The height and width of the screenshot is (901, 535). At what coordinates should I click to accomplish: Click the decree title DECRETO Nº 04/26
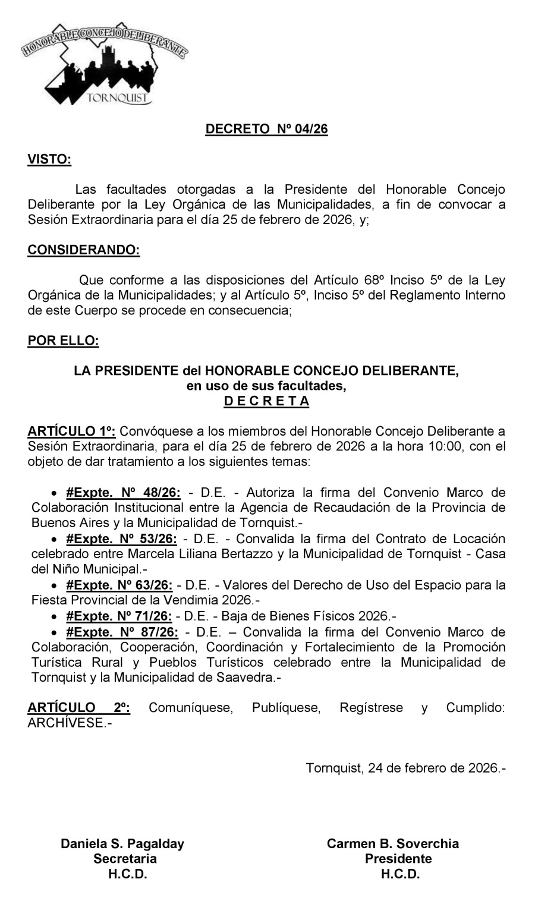click(266, 130)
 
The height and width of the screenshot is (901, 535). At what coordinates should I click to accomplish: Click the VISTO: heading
click(49, 159)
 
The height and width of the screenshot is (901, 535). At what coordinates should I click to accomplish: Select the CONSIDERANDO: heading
click(84, 250)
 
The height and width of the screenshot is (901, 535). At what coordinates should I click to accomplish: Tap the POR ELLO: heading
click(63, 341)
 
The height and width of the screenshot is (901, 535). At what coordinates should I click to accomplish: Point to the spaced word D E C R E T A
click(266, 401)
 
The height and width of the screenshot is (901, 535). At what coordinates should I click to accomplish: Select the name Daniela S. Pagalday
click(122, 843)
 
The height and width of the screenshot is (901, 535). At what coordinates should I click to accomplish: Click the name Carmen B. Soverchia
click(393, 843)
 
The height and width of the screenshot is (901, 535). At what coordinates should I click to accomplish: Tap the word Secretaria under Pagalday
click(125, 859)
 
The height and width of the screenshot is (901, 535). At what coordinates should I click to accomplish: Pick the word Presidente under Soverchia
click(398, 859)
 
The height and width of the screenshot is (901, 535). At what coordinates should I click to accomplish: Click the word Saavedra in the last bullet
click(245, 677)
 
